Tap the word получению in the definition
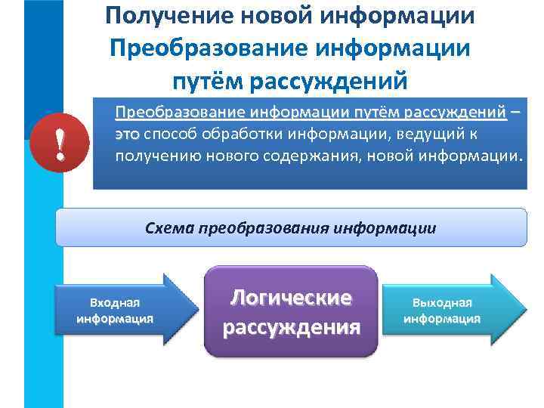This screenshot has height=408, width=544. click(153, 156)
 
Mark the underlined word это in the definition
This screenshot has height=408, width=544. click(127, 134)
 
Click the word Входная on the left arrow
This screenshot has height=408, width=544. click(115, 303)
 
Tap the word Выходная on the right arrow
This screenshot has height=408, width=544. click(441, 302)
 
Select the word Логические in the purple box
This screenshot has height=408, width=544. click(291, 297)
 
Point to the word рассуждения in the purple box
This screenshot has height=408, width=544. click(291, 327)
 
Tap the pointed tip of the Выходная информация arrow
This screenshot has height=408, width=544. click(524, 309)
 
